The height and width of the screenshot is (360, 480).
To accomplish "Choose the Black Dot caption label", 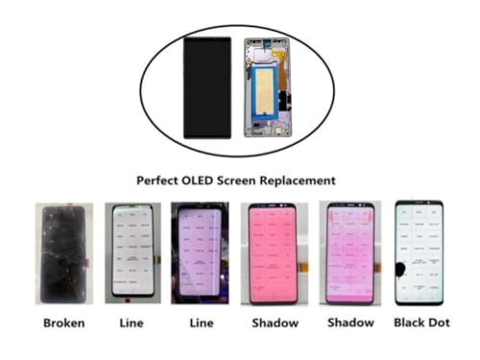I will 421,324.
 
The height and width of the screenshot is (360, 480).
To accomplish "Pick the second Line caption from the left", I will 199,324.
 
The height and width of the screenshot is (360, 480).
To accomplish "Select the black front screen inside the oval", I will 204,86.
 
